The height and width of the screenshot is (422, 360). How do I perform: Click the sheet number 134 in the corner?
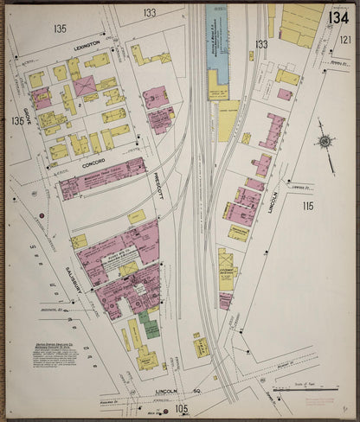tap(338, 17)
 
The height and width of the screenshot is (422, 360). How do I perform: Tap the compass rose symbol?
tap(324, 141)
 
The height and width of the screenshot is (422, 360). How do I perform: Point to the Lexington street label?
tap(87, 42)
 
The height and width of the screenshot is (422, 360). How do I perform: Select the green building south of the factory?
tap(151, 328)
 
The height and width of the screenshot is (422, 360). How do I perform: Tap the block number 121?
tap(345, 40)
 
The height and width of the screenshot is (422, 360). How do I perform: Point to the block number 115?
tap(307, 206)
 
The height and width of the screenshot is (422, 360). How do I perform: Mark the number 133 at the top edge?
tap(150, 13)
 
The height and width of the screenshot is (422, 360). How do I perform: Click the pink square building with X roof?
tap(84, 86)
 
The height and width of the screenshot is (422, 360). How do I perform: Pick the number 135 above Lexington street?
tap(59, 29)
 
